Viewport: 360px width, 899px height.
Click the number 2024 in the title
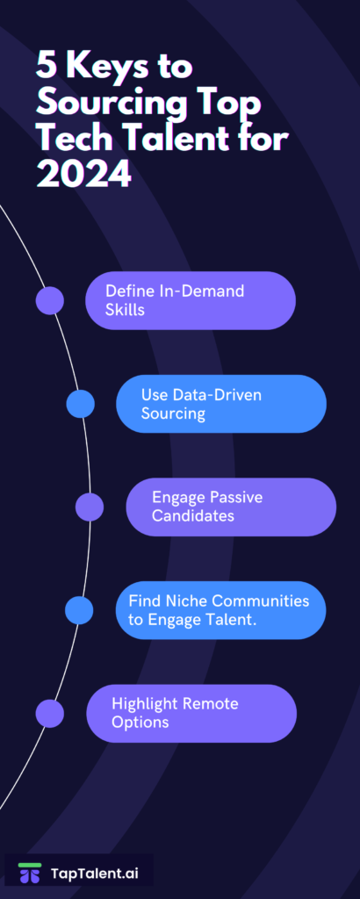pyautogui.click(x=83, y=174)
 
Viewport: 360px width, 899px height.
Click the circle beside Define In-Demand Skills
pyautogui.click(x=50, y=300)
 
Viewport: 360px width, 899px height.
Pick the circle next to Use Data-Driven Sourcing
pyautogui.click(x=80, y=404)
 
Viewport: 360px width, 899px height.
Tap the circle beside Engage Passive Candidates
pyautogui.click(x=90, y=507)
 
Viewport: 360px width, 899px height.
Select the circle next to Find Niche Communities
pyautogui.click(x=79, y=610)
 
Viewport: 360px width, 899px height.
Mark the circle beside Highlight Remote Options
pyautogui.click(x=50, y=713)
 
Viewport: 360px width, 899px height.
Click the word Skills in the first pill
pyautogui.click(x=125, y=310)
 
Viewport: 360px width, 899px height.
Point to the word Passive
pyautogui.click(x=235, y=497)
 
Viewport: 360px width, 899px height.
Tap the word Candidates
pyautogui.click(x=193, y=515)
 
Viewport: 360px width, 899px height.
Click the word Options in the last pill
pyautogui.click(x=140, y=722)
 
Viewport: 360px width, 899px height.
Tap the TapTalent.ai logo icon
pyautogui.click(x=29, y=873)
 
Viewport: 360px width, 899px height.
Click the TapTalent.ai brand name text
pyautogui.click(x=95, y=874)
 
